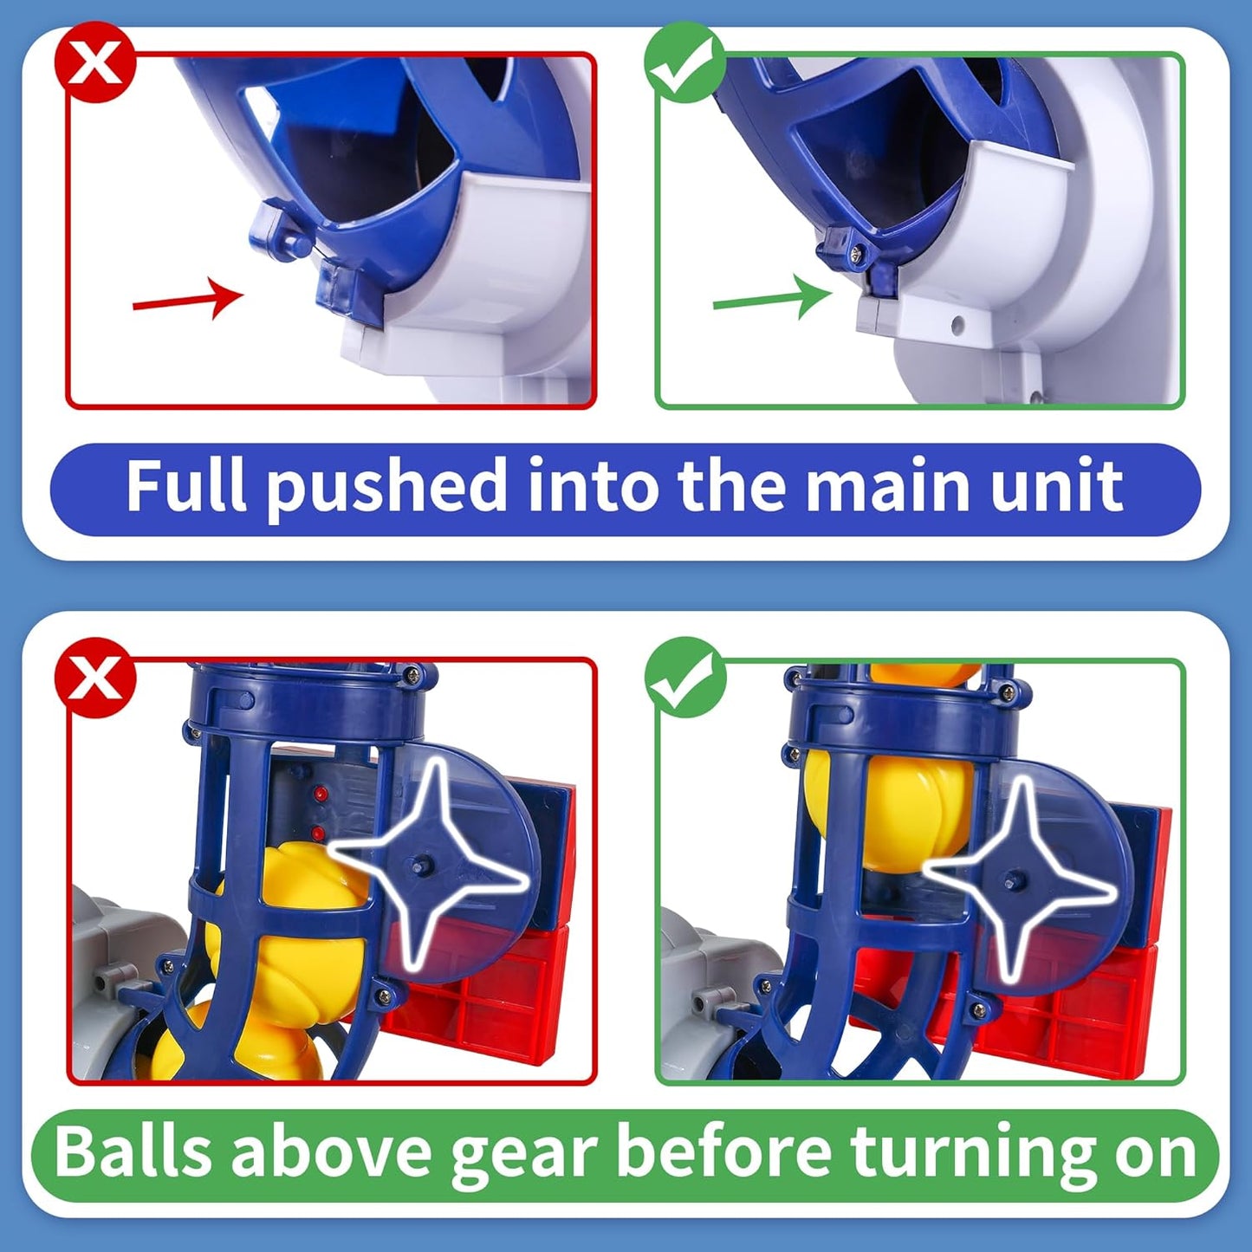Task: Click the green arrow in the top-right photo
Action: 771,299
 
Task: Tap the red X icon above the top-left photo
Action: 95,62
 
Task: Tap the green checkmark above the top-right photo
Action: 684,62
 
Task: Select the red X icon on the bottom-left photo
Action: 95,678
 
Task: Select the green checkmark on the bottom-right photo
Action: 684,678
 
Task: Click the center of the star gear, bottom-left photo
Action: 425,866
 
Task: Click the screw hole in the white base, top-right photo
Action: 957,326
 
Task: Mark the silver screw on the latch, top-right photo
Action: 856,252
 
